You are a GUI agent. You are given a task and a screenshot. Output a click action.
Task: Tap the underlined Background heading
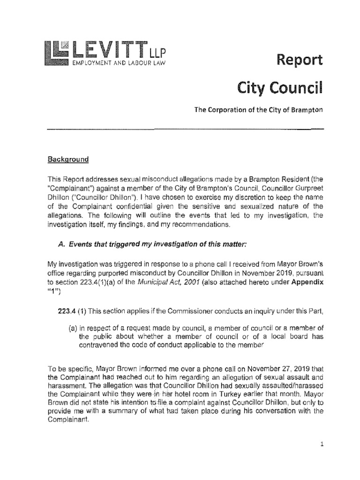pos(68,159)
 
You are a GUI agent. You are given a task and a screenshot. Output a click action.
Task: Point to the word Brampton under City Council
pos(307,110)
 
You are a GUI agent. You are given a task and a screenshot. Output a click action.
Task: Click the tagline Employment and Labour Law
pos(119,62)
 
